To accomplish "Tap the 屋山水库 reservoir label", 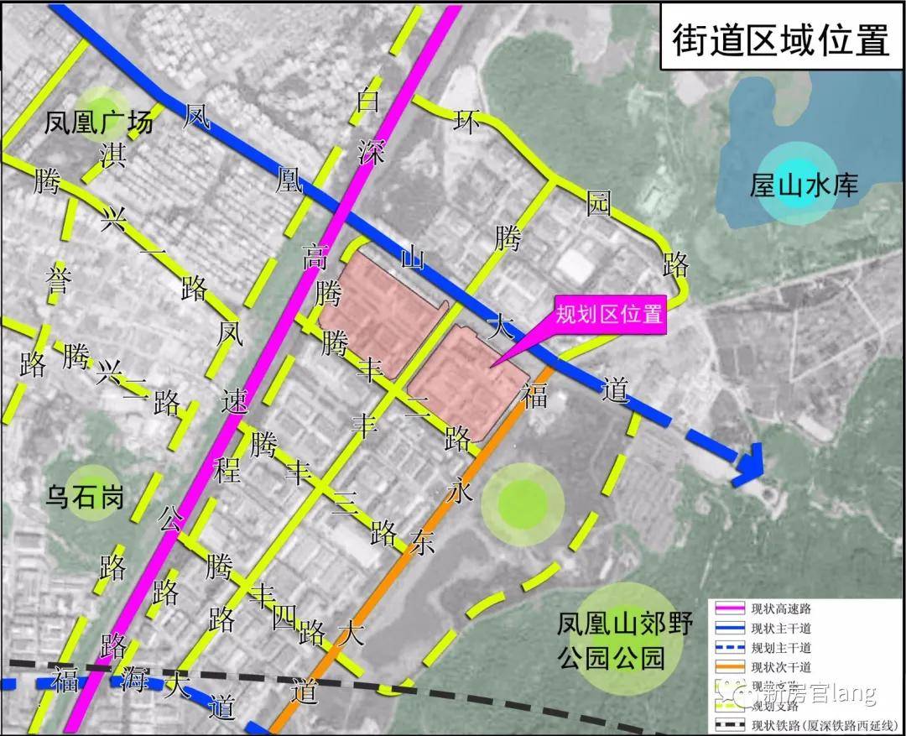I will [x=804, y=184].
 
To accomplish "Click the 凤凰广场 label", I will [x=100, y=123].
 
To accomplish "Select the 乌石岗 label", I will [x=87, y=498].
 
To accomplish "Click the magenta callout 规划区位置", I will [x=610, y=316].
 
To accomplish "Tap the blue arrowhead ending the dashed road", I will [x=748, y=465].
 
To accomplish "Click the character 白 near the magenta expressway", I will [x=367, y=101].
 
